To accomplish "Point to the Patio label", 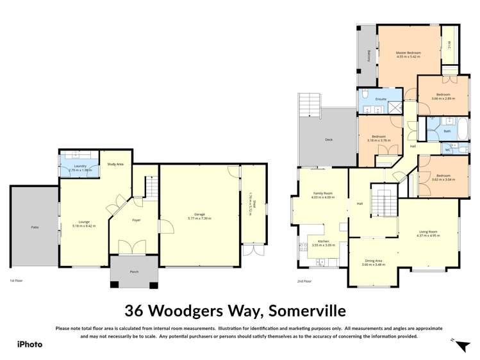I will point(35,227).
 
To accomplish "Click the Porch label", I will point(134,272).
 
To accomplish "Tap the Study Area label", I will point(116,165).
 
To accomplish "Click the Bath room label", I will point(447,131).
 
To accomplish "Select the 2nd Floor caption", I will point(304,281).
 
